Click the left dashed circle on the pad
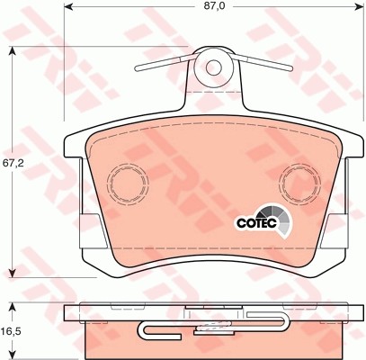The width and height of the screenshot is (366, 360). [127, 185]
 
